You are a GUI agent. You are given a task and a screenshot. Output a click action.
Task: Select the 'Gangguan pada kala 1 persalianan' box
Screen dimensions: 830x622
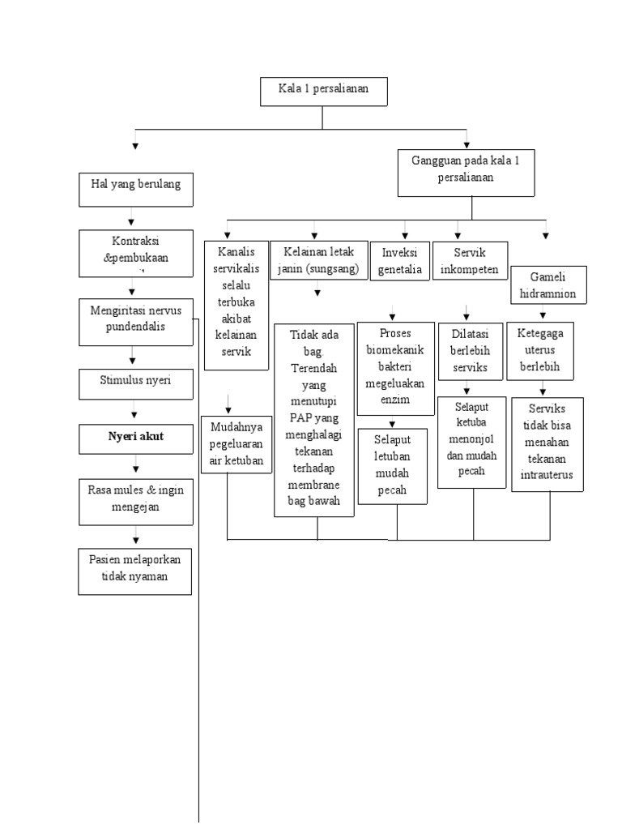click(466, 172)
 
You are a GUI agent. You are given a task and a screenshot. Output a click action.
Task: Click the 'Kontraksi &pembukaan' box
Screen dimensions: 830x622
click(135, 251)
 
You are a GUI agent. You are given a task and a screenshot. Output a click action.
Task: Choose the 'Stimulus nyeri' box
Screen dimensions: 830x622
click(135, 383)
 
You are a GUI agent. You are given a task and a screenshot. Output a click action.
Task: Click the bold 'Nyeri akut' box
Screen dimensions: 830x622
click(135, 437)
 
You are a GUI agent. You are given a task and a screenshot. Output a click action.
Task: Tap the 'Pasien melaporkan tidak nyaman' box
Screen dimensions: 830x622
click(135, 571)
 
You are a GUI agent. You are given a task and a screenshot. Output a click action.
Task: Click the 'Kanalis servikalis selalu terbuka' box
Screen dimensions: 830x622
click(236, 305)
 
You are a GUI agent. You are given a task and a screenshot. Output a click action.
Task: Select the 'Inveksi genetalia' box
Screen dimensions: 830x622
click(400, 260)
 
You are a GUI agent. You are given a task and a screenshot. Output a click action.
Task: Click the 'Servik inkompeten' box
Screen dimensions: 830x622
click(470, 260)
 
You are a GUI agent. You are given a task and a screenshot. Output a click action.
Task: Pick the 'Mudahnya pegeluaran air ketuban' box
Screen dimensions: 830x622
click(236, 443)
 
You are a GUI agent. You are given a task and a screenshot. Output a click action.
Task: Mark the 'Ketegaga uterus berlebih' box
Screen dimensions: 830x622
click(540, 351)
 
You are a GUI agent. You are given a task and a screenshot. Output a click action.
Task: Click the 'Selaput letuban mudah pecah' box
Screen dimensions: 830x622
click(393, 465)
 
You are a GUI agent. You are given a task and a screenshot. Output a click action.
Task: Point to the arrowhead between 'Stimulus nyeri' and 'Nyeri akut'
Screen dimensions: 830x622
click(134, 414)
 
